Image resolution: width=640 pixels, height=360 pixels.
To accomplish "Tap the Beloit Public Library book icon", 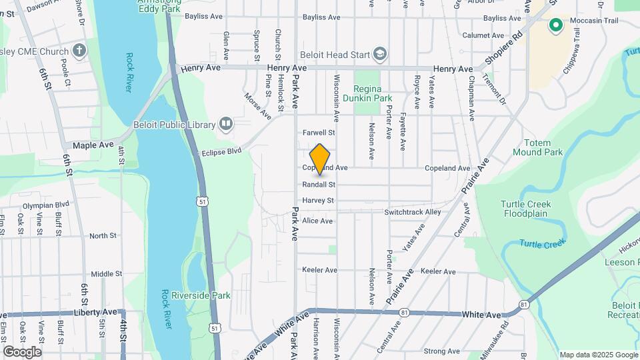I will pos(226,124).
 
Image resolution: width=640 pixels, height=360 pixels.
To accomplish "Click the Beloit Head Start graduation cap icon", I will pos(379,53).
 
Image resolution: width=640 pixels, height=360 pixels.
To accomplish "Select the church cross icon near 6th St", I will pos(79,51).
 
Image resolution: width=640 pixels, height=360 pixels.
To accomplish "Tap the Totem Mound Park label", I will pos(537,147).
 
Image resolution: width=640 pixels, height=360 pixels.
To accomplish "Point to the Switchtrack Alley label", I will pos(413,212).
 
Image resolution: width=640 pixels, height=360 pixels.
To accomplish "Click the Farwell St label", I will pos(318,133).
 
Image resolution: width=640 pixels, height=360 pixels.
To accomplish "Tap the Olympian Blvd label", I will pos(46,205).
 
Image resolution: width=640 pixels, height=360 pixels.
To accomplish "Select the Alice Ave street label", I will pos(317,221).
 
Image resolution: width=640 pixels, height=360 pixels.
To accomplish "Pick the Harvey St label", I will pos(318,200).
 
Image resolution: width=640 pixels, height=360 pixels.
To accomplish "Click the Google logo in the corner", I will pos(22,351).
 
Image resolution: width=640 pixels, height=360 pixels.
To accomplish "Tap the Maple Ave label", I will pos(93,145).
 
